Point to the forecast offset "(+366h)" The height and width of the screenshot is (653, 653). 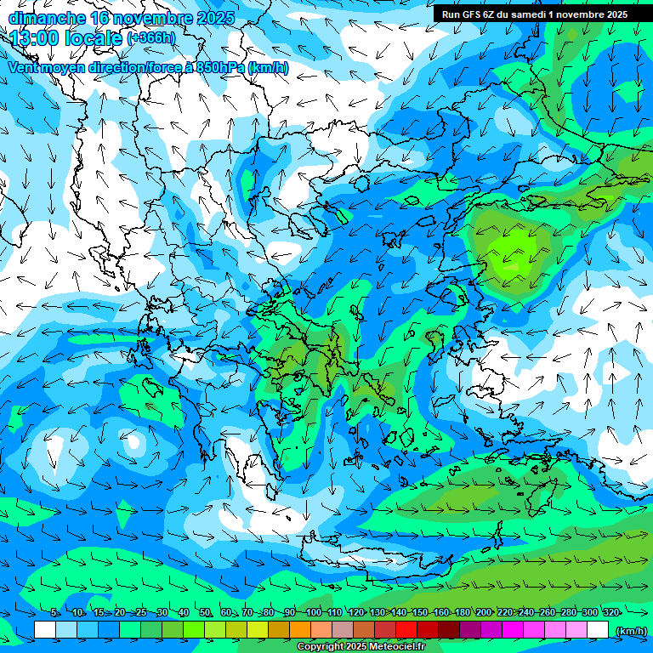151,38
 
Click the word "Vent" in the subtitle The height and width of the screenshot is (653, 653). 25,68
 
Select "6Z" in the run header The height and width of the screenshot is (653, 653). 496,14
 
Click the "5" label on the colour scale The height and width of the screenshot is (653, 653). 54,612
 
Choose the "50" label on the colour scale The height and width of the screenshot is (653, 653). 205,612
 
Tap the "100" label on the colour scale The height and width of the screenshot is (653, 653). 313,612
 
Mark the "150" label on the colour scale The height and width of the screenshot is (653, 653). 420,612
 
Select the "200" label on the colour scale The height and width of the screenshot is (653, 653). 484,612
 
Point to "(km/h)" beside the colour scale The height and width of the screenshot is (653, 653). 631,630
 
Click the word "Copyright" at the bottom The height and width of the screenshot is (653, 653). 320,647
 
